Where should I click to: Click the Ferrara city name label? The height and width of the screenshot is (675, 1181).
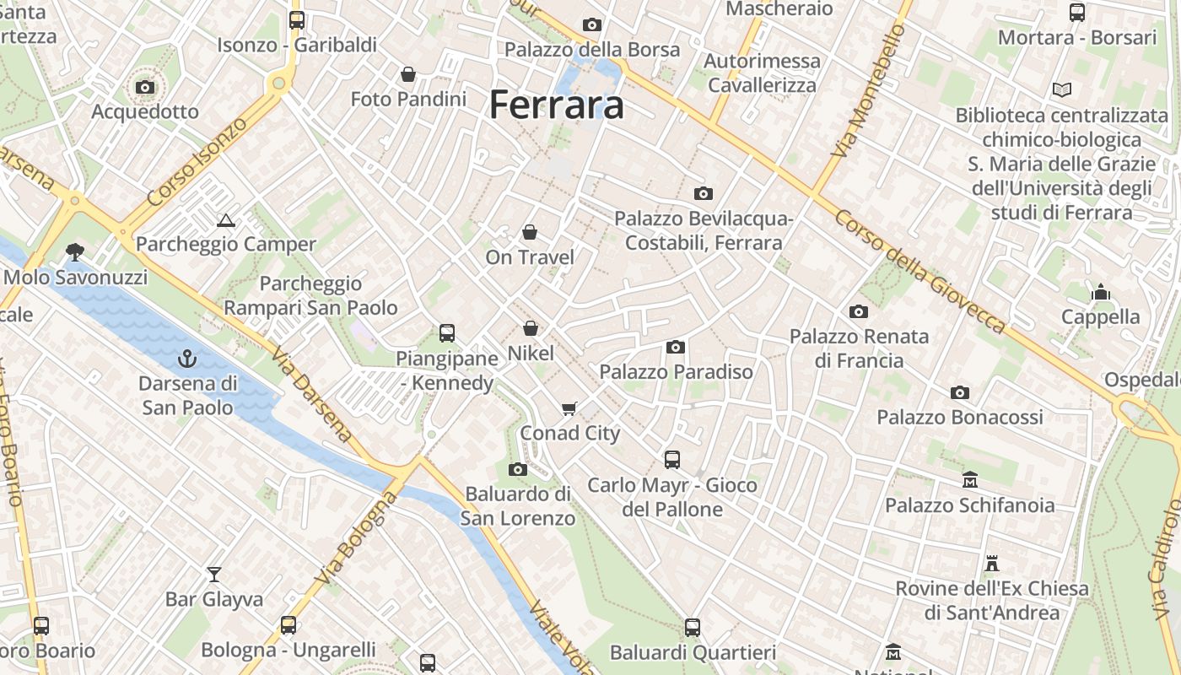coord(557,105)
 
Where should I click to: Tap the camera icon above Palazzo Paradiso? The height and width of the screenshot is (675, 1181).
coord(675,347)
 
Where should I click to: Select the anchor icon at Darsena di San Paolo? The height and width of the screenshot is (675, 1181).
coord(187,359)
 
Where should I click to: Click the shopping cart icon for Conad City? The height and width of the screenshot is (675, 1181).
coord(570,408)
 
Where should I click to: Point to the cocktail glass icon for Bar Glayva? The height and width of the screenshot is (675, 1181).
coord(214,575)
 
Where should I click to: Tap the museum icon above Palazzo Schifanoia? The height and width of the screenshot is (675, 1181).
coord(969,480)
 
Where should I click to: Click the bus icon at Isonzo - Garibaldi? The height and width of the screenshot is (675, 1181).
coord(296,20)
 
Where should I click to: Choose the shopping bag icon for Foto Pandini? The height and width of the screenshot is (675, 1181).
coord(408,74)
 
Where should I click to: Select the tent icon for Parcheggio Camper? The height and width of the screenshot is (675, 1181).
coord(225,220)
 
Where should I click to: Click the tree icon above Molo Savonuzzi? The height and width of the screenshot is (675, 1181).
coord(75,251)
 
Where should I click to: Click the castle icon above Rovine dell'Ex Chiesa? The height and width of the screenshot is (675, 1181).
coord(992,563)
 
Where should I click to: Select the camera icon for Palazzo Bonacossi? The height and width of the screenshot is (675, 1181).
coord(959,392)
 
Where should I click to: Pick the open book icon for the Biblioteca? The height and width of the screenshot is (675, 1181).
coord(1061,89)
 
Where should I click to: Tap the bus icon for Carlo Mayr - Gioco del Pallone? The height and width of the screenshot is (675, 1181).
coord(671,460)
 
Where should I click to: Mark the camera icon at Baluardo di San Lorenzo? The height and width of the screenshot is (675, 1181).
coord(518,469)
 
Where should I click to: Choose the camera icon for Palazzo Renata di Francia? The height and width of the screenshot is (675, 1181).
coord(859,311)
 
